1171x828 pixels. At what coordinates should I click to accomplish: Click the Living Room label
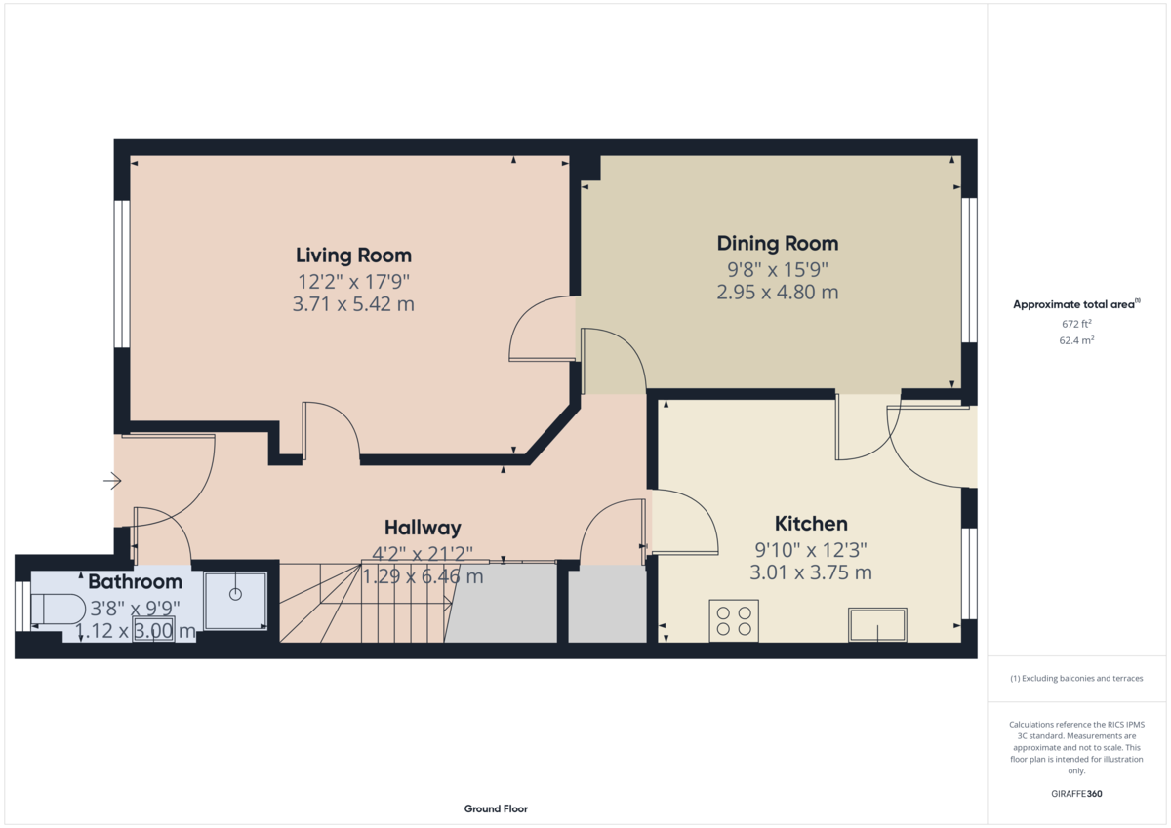354,256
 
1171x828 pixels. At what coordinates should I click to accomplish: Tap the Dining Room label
778,244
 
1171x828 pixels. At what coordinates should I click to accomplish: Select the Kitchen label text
811,524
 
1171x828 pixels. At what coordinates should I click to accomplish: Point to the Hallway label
423,528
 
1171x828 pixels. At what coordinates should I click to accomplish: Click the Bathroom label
135,581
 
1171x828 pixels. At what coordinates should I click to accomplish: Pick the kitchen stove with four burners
734,620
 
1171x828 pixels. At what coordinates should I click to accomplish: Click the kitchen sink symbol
877,625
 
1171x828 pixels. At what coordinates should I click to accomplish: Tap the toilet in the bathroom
58,610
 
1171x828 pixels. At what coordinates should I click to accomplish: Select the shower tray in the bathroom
235,601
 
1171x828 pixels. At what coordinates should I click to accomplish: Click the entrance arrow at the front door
112,481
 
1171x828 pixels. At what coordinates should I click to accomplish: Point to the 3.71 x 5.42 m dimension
353,304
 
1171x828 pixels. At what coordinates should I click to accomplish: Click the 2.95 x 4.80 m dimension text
778,292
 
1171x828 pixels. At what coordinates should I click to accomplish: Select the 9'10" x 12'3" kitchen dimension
811,550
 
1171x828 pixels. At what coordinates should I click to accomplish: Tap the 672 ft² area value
1076,324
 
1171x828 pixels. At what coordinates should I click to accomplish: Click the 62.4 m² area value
1076,340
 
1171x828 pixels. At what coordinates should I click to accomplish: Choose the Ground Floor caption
496,808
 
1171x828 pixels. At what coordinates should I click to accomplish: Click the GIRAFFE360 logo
1076,794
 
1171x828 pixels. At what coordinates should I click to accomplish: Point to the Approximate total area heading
1076,304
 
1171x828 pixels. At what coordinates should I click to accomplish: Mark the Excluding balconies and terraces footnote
1076,678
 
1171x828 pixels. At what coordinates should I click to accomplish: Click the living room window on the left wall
122,274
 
